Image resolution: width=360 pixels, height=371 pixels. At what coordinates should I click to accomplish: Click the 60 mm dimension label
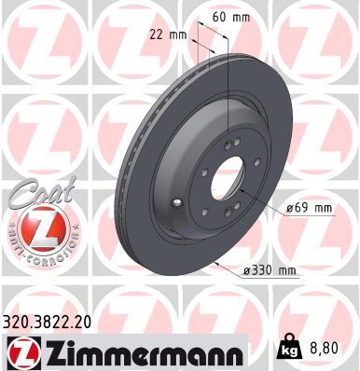pyautogui.click(x=231, y=16)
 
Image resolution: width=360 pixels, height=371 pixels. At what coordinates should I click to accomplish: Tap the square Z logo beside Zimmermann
pyautogui.click(x=21, y=351)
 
